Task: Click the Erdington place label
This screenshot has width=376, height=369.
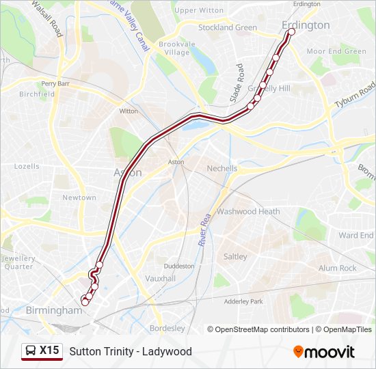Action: tap(306, 25)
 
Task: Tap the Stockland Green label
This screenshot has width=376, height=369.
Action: tap(227, 28)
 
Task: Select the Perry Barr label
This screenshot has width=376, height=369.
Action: tap(56, 83)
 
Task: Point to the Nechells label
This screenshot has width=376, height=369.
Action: tap(222, 168)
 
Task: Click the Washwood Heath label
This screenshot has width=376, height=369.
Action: tap(248, 212)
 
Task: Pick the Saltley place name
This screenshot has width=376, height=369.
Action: tap(235, 256)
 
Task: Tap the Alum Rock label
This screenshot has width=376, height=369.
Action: tap(337, 269)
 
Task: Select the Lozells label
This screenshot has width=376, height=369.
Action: tap(27, 166)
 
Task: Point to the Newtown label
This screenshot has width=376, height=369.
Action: tap(79, 197)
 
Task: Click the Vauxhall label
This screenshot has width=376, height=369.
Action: tap(161, 279)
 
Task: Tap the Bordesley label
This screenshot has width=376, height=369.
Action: tap(167, 328)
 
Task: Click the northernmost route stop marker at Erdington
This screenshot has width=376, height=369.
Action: tap(292, 32)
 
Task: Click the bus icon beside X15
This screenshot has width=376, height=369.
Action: tap(31, 351)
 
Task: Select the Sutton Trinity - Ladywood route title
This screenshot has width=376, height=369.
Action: tap(131, 351)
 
